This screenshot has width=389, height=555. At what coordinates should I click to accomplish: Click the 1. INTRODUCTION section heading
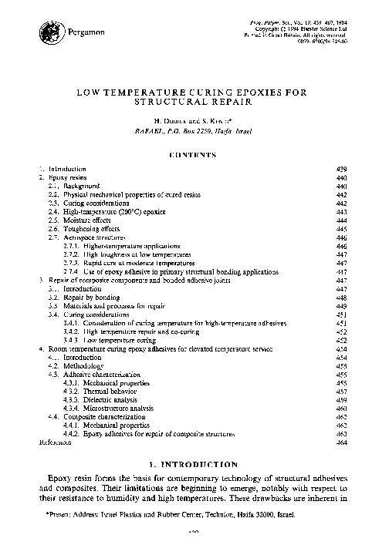[x=193, y=466]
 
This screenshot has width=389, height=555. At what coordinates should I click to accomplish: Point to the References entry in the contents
[x=55, y=444]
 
